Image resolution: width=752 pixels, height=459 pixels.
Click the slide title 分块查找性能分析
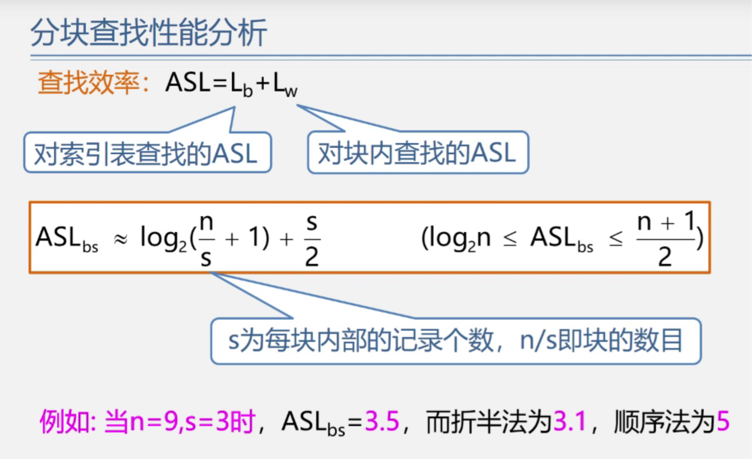(149, 33)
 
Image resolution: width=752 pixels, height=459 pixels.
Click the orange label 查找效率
(89, 83)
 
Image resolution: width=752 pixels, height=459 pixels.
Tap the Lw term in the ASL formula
(285, 85)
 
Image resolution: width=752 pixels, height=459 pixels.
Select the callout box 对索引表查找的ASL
(147, 154)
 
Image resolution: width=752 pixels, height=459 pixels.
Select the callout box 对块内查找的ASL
(417, 153)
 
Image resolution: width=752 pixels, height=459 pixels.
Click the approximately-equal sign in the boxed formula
(121, 240)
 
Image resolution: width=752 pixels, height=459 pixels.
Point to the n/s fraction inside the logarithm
(206, 239)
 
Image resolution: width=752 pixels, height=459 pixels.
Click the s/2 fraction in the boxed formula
(312, 240)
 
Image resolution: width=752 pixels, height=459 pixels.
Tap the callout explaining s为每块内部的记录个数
(455, 341)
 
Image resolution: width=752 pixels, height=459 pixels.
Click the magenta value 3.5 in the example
(382, 422)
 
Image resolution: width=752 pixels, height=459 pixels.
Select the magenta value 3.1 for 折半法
(570, 422)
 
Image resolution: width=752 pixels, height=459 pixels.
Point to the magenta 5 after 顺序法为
(723, 422)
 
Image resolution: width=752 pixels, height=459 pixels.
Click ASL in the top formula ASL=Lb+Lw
(188, 83)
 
